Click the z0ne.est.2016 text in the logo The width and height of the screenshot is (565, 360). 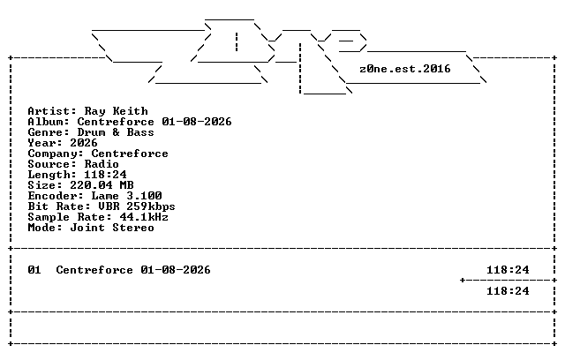tap(405, 69)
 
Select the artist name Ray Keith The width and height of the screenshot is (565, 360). tap(116, 111)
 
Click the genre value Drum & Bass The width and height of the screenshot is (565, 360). tap(116, 132)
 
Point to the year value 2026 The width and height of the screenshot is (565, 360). tap(84, 143)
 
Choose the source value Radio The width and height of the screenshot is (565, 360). tap(102, 164)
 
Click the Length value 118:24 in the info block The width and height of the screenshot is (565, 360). tap(105, 175)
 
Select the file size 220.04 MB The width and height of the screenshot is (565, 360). tap(102, 185)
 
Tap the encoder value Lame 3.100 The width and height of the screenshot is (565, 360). tap(126, 196)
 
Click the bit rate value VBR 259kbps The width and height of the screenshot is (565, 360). tap(137, 206)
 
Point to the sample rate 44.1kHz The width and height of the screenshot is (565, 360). tap(144, 217)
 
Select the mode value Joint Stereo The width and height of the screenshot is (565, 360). tap(112, 228)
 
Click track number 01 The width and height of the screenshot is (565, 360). tap(34, 270)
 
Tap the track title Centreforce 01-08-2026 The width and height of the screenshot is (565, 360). tap(133, 270)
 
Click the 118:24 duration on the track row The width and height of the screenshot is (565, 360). tap(508, 270)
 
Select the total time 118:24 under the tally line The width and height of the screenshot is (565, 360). tap(508, 291)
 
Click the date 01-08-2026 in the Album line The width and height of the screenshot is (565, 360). tap(197, 122)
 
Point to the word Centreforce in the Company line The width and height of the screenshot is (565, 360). tap(130, 154)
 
